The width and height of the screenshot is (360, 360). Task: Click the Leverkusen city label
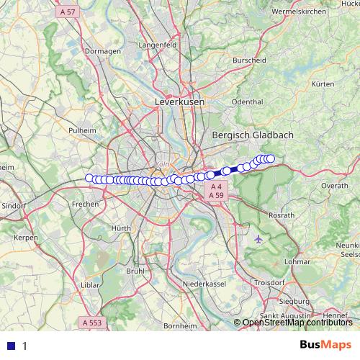(179, 103)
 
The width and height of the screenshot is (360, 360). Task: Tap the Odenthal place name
(248, 102)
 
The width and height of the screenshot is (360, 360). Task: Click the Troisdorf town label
(271, 284)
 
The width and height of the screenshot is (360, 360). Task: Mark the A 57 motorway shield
(68, 12)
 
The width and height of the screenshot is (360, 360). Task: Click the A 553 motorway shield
(94, 323)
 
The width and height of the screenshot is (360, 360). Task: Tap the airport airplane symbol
(259, 238)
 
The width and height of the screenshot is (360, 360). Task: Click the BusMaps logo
(325, 345)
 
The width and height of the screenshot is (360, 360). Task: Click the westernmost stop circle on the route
(89, 179)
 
